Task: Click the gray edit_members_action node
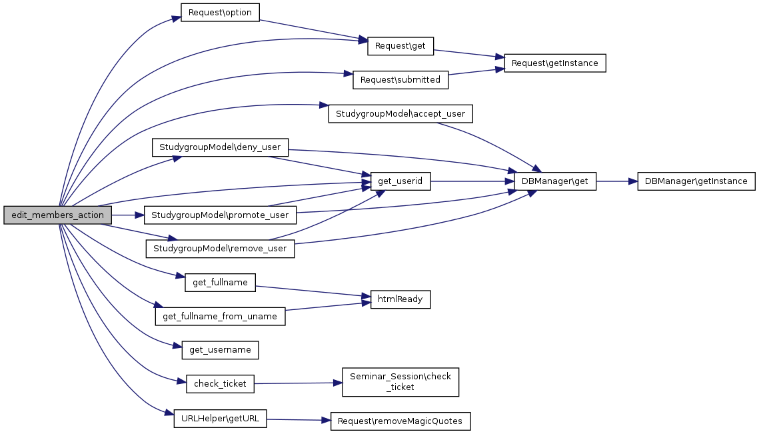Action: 58,215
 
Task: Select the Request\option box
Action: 220,13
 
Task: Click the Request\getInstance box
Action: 555,63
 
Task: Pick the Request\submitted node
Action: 400,79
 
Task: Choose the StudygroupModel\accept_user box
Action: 400,114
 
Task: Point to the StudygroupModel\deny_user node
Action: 221,147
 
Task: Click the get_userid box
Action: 396,181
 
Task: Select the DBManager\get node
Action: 555,181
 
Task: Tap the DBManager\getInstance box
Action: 696,181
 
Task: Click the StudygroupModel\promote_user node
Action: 220,215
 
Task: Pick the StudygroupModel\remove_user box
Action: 220,249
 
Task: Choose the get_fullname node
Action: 220,282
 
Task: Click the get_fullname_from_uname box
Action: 220,316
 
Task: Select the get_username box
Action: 220,349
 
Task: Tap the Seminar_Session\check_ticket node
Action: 400,382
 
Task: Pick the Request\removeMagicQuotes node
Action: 400,421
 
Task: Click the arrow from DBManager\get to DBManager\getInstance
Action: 617,181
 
